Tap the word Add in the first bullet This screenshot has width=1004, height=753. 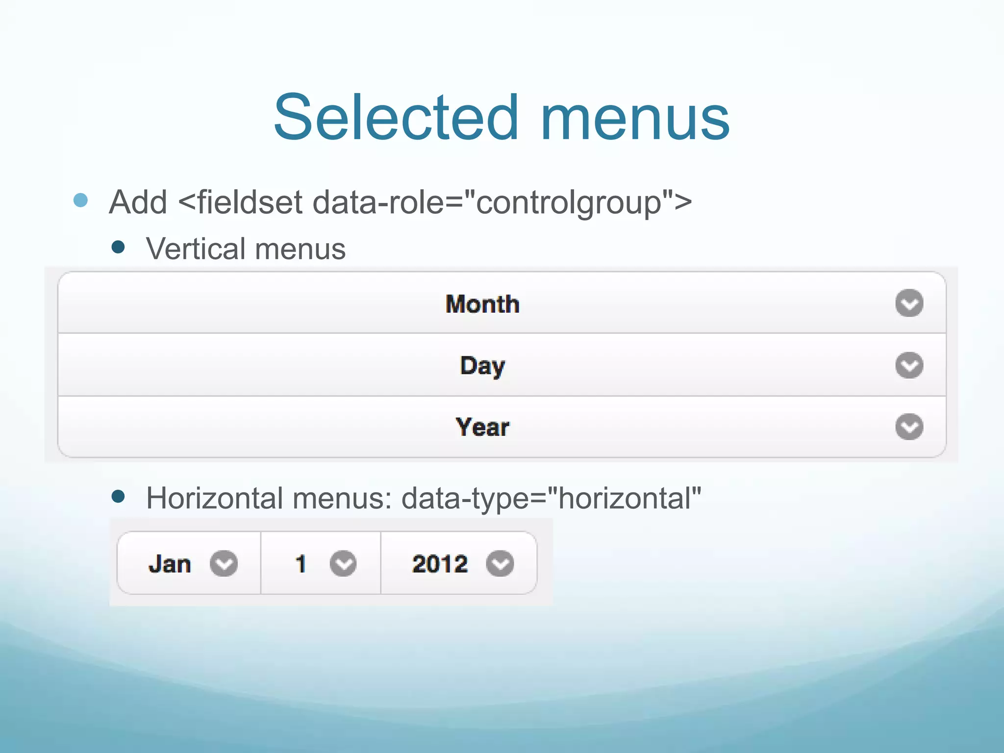(x=138, y=202)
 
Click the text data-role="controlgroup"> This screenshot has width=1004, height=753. (x=502, y=202)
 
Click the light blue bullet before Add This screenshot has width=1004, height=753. (x=80, y=200)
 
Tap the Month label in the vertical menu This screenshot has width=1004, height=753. (x=482, y=304)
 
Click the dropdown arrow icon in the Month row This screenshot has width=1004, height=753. (x=909, y=303)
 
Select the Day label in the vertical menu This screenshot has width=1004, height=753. (x=482, y=366)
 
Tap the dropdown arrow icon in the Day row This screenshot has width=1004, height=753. (x=909, y=365)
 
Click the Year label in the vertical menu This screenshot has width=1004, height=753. (x=482, y=427)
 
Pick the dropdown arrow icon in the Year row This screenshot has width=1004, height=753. (x=909, y=427)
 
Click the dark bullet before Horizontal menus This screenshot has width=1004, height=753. (x=118, y=497)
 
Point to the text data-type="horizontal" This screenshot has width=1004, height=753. (x=551, y=499)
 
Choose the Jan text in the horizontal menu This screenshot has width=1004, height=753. (x=170, y=564)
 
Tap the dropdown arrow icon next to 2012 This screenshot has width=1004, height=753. (x=500, y=564)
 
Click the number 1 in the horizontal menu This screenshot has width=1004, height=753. (x=301, y=564)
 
